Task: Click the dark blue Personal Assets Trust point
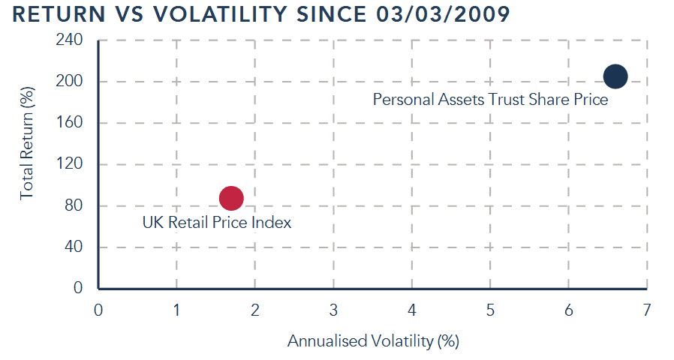(615, 76)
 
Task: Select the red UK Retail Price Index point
(231, 198)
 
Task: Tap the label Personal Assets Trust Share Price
(490, 99)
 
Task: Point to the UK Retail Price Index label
(216, 222)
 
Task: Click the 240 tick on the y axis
(70, 40)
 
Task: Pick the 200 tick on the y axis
(70, 82)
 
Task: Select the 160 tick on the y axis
(70, 123)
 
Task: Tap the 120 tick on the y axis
(70, 164)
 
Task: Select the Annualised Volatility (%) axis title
(372, 341)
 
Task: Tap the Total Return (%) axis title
(28, 153)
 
